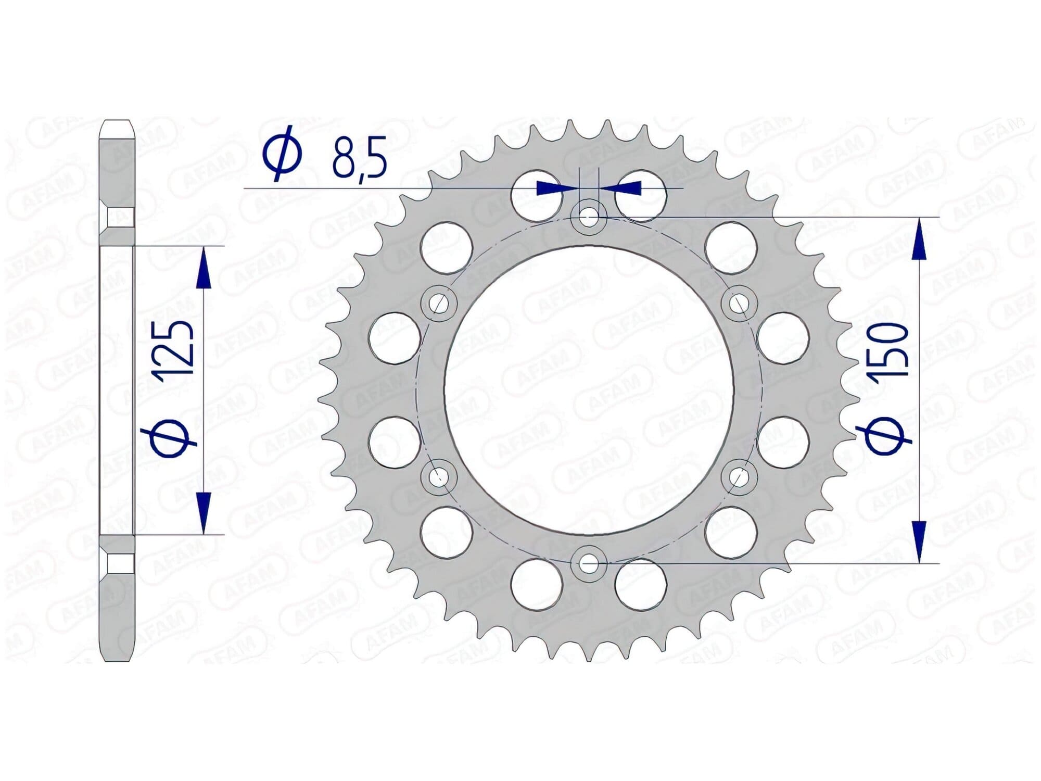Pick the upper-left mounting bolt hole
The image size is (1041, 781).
[x=438, y=303]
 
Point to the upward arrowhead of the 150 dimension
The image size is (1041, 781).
[x=920, y=240]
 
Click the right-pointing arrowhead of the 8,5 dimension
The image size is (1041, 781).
[x=551, y=188]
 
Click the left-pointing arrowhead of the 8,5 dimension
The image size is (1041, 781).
[x=627, y=188]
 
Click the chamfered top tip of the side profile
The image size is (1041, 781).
[x=117, y=128]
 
